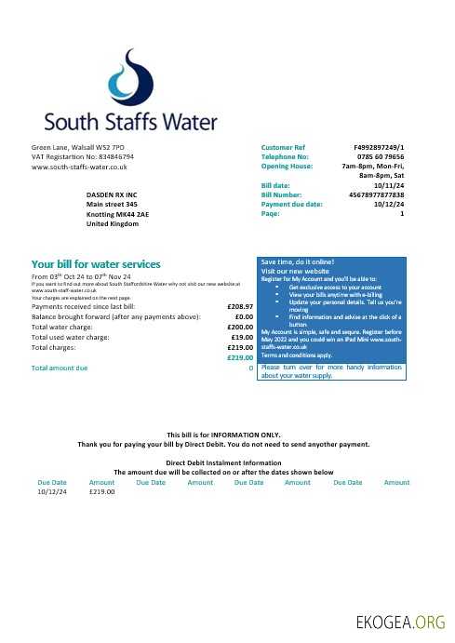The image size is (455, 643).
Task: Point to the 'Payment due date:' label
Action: coord(292,204)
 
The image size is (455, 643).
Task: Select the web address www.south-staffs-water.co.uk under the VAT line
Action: coord(79,167)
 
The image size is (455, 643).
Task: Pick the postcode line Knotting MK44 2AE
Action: coord(115,214)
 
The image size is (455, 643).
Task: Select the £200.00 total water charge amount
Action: coord(241,327)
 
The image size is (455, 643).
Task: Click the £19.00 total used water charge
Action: coord(244,337)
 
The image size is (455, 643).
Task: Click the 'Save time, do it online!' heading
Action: coord(297,262)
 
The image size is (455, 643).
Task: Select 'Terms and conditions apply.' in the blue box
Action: coord(297,355)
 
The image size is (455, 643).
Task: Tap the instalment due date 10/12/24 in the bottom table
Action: coord(52,491)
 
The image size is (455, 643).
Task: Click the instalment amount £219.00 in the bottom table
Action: coord(101,491)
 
